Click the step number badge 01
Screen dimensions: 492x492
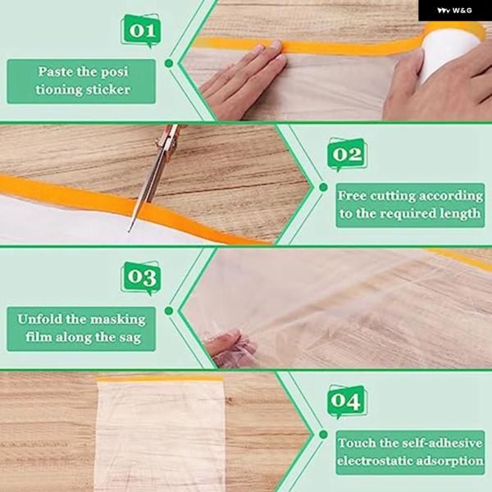coord(141,31)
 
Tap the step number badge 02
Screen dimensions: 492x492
coord(347,154)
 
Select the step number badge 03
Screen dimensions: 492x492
coord(141,277)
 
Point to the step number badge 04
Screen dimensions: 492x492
coord(347,401)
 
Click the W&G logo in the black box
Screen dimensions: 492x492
coord(454,11)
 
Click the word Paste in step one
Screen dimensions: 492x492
coord(56,72)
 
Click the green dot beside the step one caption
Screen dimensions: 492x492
coord(169,63)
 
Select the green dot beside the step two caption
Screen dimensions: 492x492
coord(323,187)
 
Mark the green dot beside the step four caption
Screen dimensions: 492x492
coord(323,435)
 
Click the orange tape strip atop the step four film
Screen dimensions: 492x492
coord(159,379)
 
